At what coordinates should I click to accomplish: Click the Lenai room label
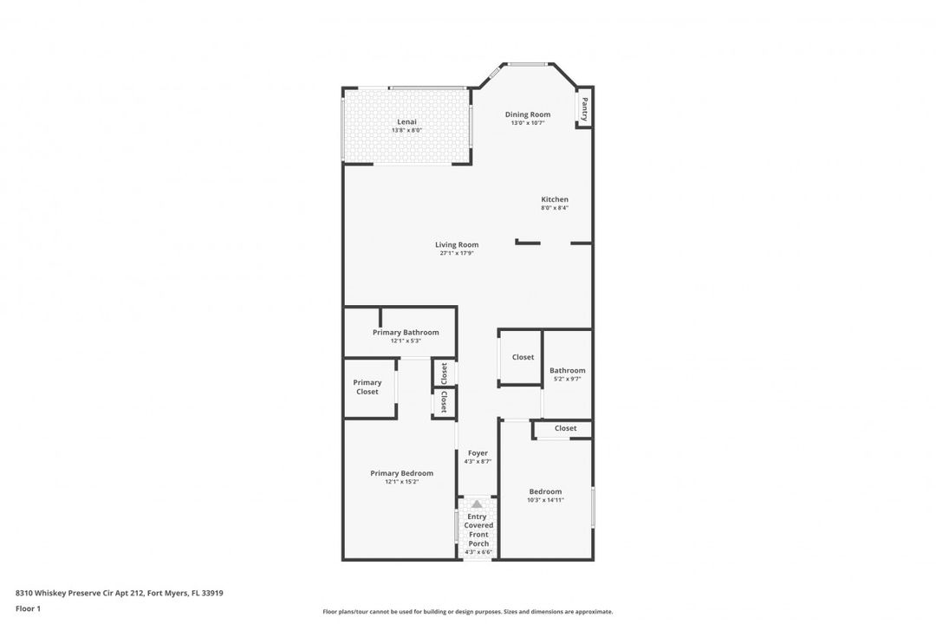[x=406, y=122]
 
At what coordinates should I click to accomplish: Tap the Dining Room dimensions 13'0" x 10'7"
[x=528, y=123]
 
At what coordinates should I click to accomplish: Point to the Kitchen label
[x=555, y=199]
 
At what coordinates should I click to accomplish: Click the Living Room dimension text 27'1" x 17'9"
[x=457, y=253]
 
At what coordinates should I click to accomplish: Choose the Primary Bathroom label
[x=406, y=332]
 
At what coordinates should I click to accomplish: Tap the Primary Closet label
[x=367, y=387]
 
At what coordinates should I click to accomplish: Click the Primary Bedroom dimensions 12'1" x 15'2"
[x=401, y=482]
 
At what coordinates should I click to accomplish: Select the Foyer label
[x=478, y=452]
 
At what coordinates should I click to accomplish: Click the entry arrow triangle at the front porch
[x=477, y=504]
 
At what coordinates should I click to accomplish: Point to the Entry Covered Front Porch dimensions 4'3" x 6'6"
[x=478, y=552]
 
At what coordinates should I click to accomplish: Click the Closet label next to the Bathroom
[x=523, y=357]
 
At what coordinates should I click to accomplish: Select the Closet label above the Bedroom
[x=565, y=428]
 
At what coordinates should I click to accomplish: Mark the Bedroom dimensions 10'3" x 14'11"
[x=545, y=500]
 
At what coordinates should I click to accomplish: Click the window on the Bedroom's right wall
[x=593, y=506]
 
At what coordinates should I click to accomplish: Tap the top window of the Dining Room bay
[x=527, y=64]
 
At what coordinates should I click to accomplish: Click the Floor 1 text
[x=28, y=608]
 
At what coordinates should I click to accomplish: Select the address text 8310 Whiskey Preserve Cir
[x=113, y=593]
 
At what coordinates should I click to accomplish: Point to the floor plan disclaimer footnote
[x=467, y=611]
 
